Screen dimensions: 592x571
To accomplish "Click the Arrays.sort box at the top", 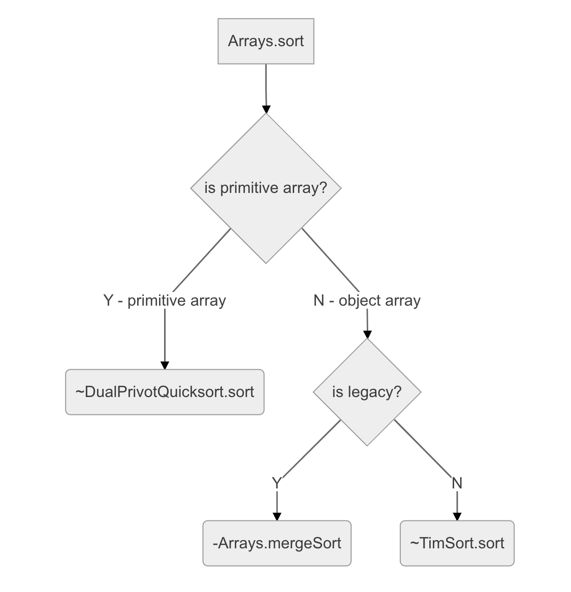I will click(266, 41).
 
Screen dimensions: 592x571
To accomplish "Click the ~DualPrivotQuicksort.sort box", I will click(165, 392).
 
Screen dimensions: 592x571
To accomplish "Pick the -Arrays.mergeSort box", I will click(277, 543).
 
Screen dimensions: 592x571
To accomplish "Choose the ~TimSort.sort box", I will click(457, 543).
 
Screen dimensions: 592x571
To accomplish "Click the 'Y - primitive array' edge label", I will click(165, 301).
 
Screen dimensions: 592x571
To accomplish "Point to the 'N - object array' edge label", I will click(367, 301).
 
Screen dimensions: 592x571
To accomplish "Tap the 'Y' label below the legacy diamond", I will click(276, 483).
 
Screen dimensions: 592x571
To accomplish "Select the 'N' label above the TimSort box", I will click(457, 483).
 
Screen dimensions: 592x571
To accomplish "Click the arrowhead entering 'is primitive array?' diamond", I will click(266, 109).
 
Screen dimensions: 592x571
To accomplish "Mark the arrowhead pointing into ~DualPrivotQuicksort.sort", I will click(165, 365).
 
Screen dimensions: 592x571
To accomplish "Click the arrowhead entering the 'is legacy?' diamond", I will click(367, 334).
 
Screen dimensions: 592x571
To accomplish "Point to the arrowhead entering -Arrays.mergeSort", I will click(277, 516).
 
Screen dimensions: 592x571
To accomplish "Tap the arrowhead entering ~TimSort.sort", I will click(457, 516).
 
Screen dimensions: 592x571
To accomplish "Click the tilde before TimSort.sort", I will click(414, 543).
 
